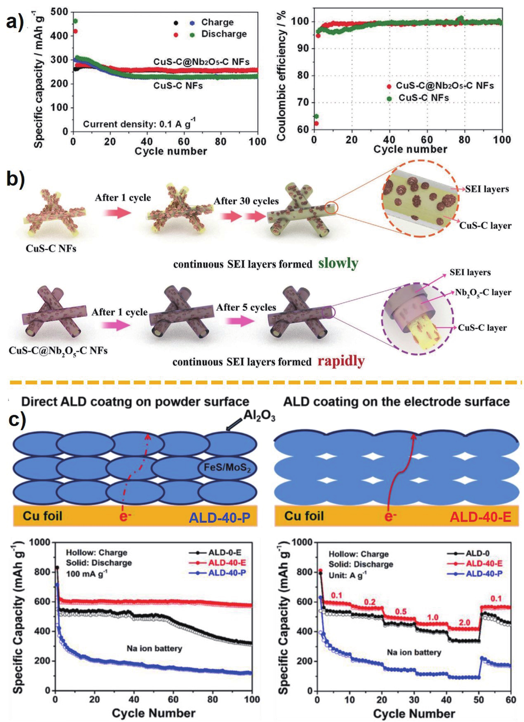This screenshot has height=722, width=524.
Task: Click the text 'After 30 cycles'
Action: pos(246,201)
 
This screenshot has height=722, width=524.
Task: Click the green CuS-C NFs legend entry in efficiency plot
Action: pos(423,98)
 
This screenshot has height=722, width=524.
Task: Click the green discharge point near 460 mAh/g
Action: pos(76,21)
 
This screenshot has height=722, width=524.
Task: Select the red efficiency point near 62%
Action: pos(316,123)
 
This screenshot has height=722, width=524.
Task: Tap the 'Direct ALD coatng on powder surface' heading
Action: pos(135,402)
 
